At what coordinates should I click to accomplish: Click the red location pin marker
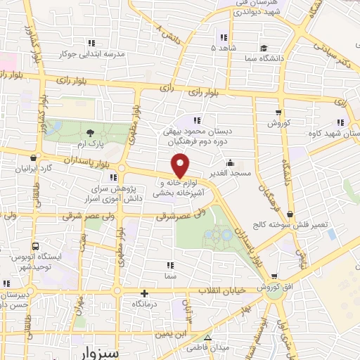[181, 167]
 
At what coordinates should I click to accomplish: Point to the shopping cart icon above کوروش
[279, 111]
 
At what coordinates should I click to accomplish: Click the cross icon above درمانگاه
[145, 294]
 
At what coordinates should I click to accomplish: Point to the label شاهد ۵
[224, 48]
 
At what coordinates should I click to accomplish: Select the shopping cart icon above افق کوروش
[280, 277]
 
